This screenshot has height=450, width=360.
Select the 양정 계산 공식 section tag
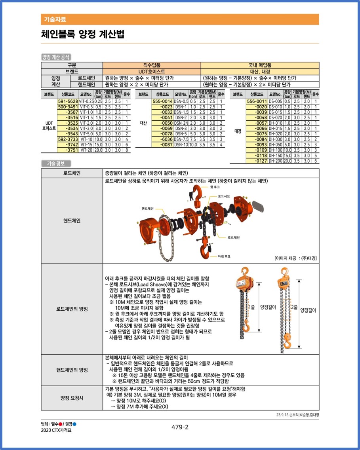click(56, 57)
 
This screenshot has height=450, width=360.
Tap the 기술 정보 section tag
click(56, 163)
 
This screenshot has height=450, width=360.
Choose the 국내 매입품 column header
click(260, 65)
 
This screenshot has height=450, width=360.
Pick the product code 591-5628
click(68, 101)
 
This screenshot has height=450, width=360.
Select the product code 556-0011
click(257, 101)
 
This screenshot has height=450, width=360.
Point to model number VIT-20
click(86, 150)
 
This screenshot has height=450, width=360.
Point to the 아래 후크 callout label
click(224, 256)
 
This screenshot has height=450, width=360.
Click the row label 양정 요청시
click(72, 398)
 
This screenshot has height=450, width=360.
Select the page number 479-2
click(180, 427)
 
